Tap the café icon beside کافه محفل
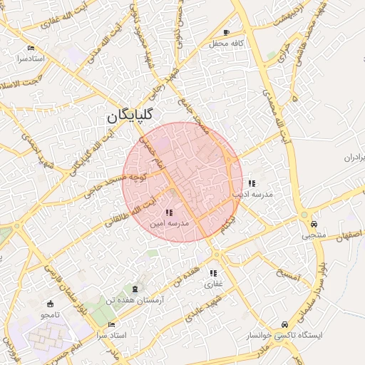tap(227, 33)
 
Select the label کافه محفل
tap(227, 44)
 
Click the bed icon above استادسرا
tap(31, 48)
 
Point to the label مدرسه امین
tap(168, 223)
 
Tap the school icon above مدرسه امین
tap(168, 212)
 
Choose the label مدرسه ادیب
tap(252, 194)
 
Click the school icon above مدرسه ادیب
tap(252, 183)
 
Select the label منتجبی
tap(314, 235)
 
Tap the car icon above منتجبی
tap(314, 223)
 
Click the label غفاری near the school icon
tap(213, 284)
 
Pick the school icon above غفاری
tap(213, 273)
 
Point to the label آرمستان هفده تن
tap(135, 301)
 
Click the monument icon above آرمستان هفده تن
tap(135, 289)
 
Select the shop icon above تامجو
tap(49, 304)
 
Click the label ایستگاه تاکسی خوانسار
tap(284, 334)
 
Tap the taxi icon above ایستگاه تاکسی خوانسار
tap(285, 324)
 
